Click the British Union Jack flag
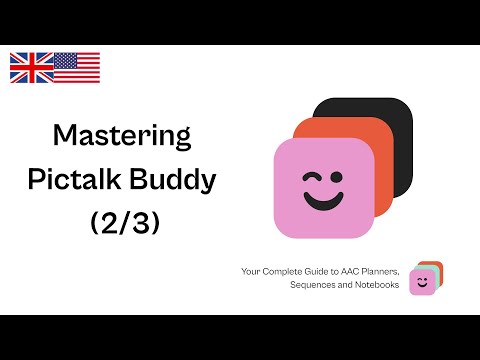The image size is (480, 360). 31,67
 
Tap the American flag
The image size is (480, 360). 77,67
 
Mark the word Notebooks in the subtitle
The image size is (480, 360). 377,285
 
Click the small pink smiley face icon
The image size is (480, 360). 423,283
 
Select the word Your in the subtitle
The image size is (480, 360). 250,272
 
